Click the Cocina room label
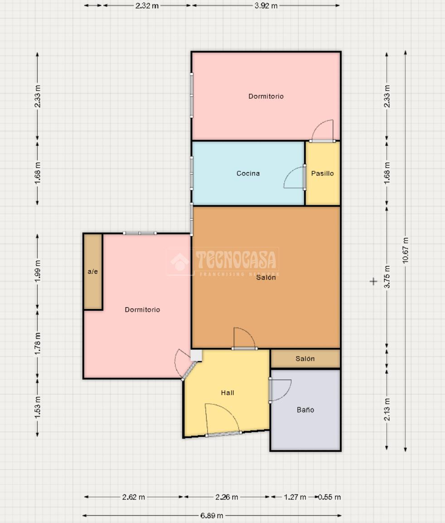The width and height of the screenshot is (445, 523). coord(248,174)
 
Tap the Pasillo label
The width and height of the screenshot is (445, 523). coord(322,174)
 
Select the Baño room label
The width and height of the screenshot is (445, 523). coord(305,410)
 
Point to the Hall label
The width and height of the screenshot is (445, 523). coord(227,393)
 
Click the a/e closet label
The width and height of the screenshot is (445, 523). coord(93,271)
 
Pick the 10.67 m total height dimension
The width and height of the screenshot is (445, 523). coord(405,250)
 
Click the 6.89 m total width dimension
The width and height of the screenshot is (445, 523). coord(212,516)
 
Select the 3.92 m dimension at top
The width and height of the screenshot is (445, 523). coord(266,6)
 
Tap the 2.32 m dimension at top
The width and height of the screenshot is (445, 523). coord(147,6)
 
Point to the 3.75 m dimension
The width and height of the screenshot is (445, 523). coord(387,277)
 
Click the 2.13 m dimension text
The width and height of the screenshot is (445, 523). coord(387,409)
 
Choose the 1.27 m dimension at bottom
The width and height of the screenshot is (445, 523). coord(295,497)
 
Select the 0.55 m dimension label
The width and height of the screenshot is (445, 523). coord(329,497)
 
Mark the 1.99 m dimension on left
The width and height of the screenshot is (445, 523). coord(37,271)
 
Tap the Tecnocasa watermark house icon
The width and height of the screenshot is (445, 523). coord(180,262)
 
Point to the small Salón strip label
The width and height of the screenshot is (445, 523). coord(305,358)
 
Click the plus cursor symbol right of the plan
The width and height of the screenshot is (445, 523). coord(373,281)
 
